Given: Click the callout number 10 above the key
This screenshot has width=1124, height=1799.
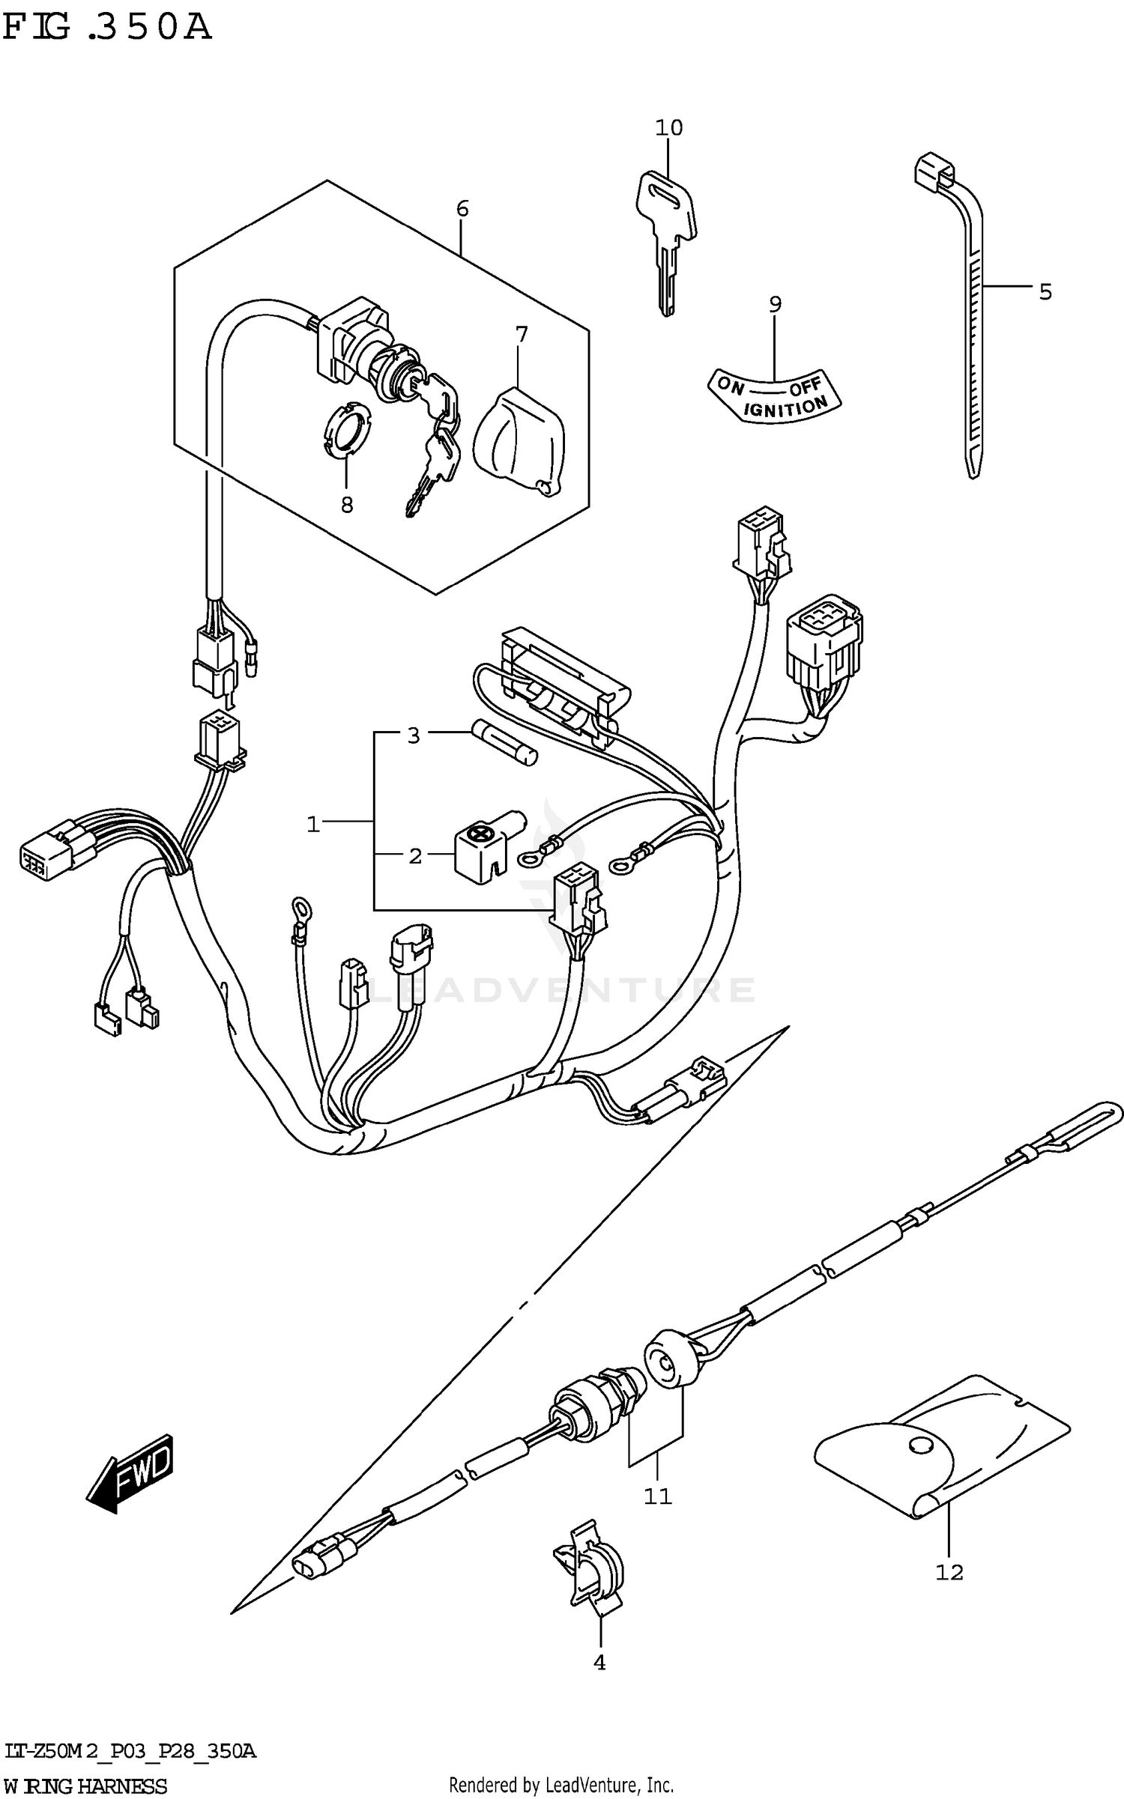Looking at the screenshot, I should [x=668, y=128].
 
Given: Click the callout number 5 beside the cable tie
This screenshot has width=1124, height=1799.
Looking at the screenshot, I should [x=1045, y=291].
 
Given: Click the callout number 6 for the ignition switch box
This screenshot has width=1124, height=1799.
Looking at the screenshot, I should [x=462, y=209].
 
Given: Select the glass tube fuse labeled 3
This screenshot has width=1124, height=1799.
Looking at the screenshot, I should [x=504, y=744].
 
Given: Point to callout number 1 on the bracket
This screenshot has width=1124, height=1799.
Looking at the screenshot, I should [x=313, y=825].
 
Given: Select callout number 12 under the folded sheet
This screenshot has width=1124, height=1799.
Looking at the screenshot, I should [x=949, y=1571].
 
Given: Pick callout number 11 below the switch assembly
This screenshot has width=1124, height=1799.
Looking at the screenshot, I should [x=657, y=1496].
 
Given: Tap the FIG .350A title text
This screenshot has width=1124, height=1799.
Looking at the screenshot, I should [x=106, y=28].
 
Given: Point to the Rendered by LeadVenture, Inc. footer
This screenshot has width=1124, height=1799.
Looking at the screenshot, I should [x=561, y=1786].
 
